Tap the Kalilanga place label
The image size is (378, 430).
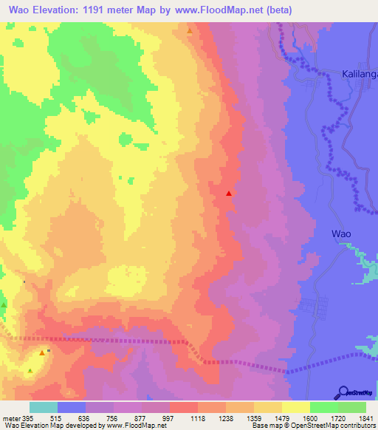pyautogui.click(x=360, y=75)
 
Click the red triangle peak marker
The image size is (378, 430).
pyautogui.click(x=229, y=194)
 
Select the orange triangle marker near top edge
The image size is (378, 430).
pyautogui.click(x=190, y=32)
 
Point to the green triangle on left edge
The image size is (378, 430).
pyautogui.click(x=4, y=305)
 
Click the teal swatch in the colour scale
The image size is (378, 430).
pyautogui.click(x=44, y=407)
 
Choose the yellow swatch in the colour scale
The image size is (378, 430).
pyautogui.click(x=295, y=407)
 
